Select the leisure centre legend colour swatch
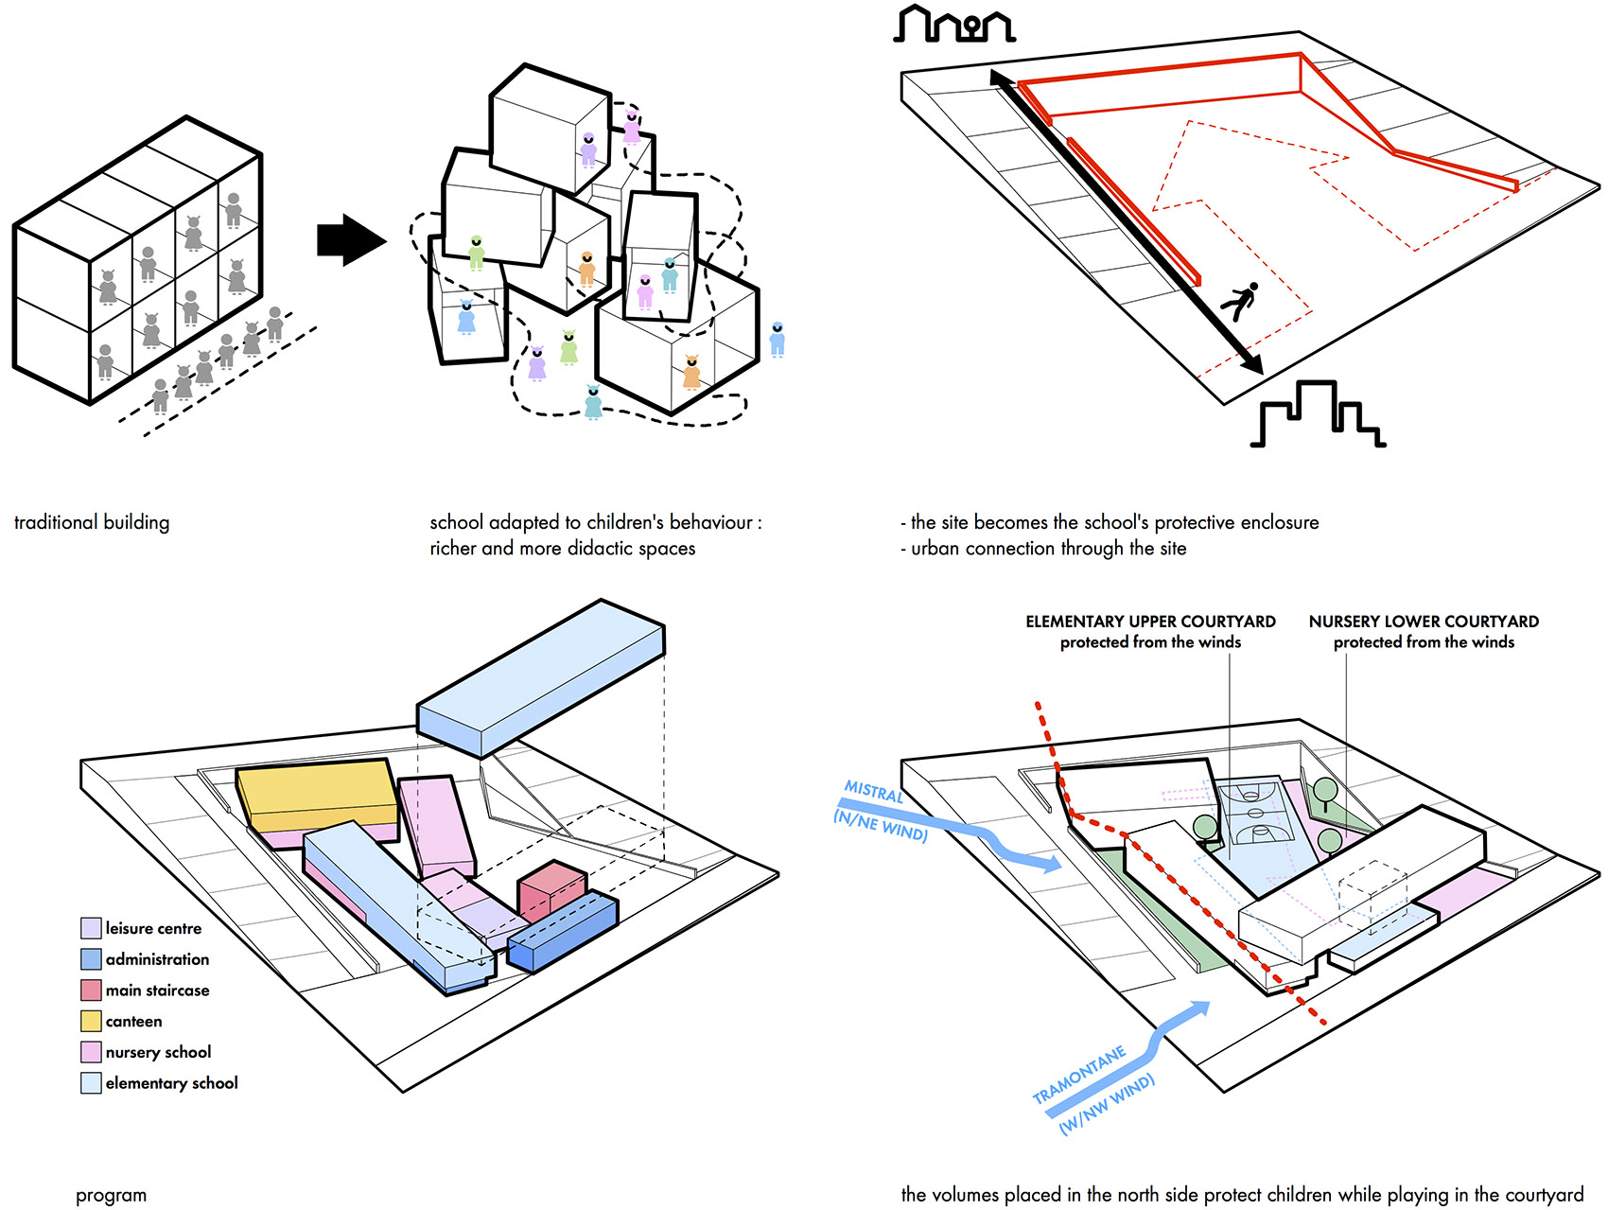pyautogui.click(x=91, y=928)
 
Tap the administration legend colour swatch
pyautogui.click(x=91, y=959)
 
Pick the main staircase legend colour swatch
pyautogui.click(x=91, y=991)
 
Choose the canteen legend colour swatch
pyautogui.click(x=91, y=1022)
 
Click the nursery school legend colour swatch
pyautogui.click(x=91, y=1052)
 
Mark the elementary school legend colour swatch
pyautogui.click(x=91, y=1083)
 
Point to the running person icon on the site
pyautogui.click(x=1239, y=302)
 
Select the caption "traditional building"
pyautogui.click(x=92, y=522)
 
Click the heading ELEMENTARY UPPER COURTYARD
pyautogui.click(x=1150, y=622)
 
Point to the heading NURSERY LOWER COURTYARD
pyautogui.click(x=1424, y=622)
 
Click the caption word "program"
pyautogui.click(x=111, y=1195)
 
